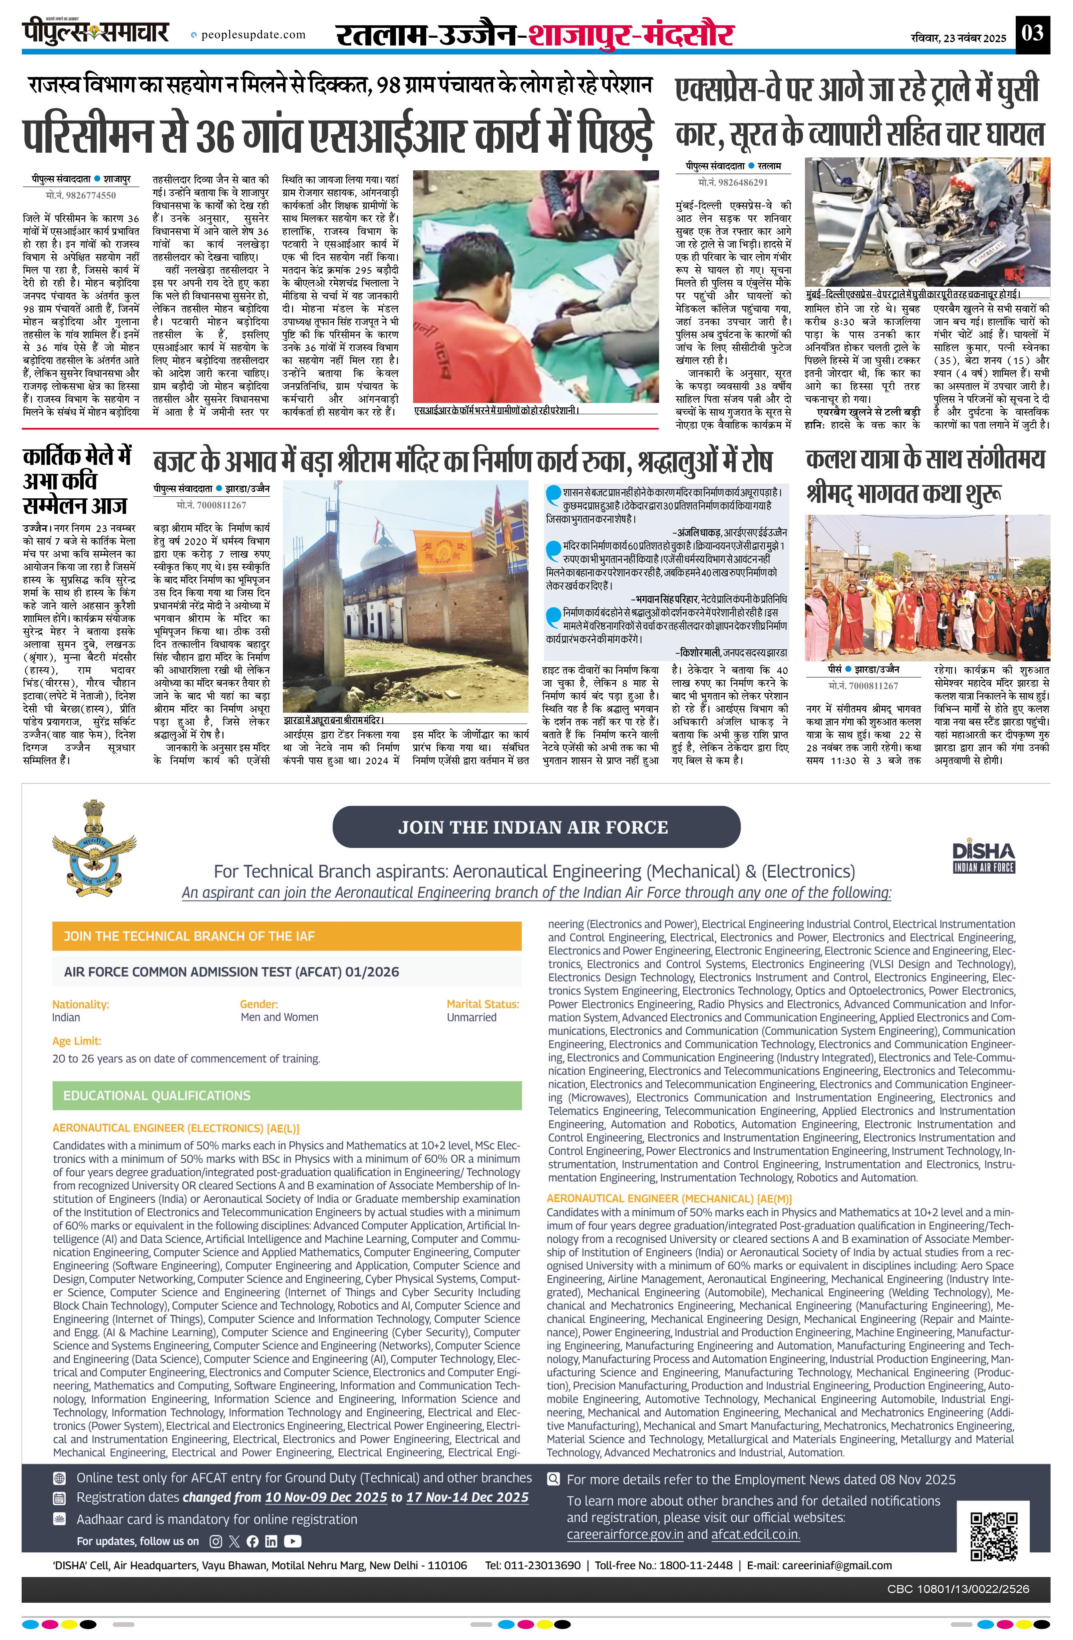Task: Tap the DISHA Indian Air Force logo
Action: tap(983, 857)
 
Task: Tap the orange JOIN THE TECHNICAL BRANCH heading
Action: tap(189, 936)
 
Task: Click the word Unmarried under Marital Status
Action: tap(471, 1017)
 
